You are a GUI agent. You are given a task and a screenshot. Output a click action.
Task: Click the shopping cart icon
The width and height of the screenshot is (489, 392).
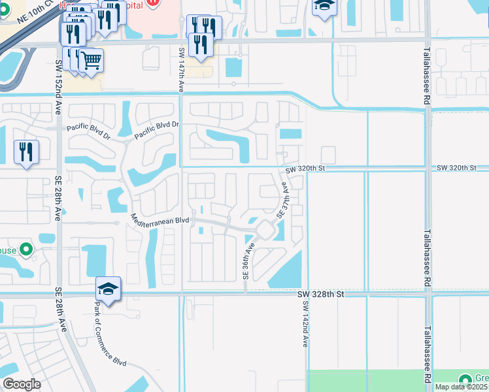[x=92, y=61]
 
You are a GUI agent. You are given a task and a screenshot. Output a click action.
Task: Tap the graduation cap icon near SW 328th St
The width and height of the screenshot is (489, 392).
[x=109, y=288]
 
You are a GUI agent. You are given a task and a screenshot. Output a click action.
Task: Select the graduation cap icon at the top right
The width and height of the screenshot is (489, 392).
[x=323, y=7]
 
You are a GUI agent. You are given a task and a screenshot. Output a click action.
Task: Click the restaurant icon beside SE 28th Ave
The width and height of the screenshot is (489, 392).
[x=26, y=152]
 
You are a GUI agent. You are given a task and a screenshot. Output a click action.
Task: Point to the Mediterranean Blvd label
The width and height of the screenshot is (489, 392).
[x=160, y=220]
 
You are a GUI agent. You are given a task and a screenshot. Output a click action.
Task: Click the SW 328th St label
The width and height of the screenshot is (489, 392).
[x=320, y=295]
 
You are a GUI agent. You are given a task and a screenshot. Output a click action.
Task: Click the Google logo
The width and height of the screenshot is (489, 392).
[x=22, y=384]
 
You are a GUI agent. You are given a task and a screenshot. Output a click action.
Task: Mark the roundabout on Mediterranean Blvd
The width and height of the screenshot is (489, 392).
[x=265, y=230]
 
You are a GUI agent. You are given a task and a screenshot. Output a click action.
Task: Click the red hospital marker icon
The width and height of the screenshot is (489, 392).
[x=152, y=2]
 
